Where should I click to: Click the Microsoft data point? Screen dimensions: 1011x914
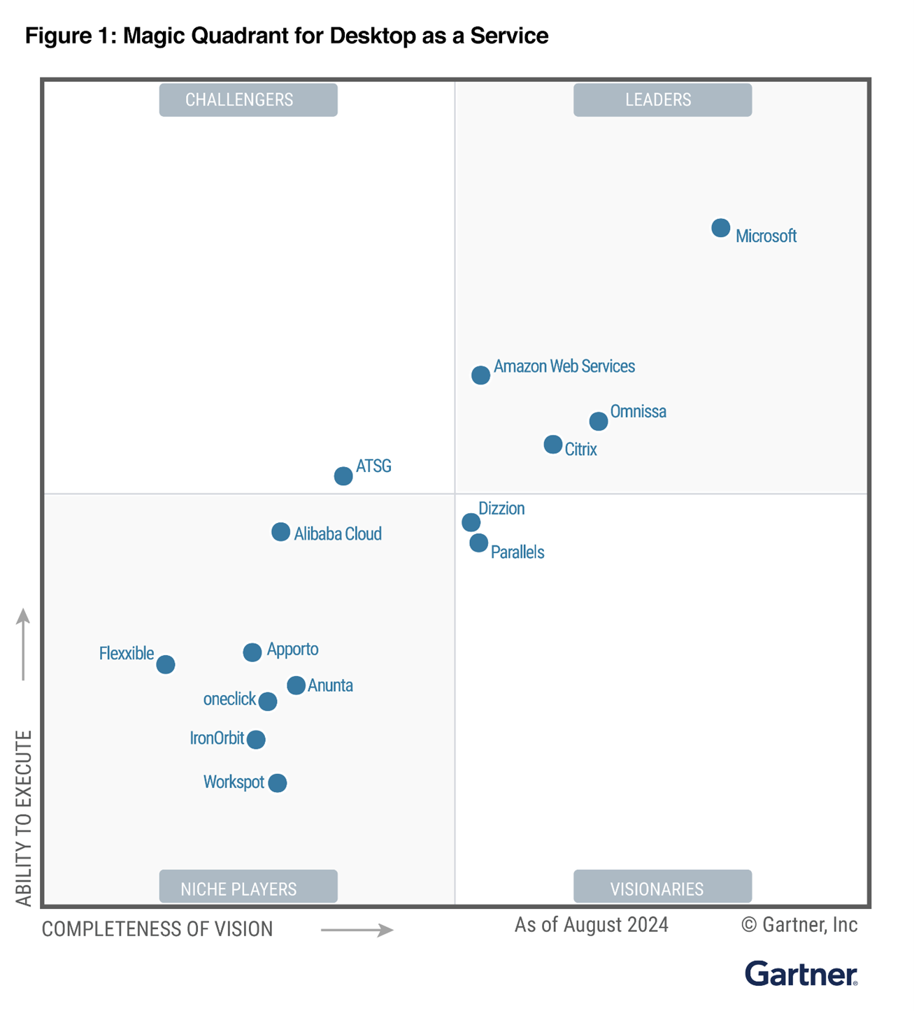pyautogui.click(x=720, y=228)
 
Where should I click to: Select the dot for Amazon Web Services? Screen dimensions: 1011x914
pyautogui.click(x=480, y=375)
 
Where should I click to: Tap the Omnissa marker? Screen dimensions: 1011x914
pyautogui.click(x=598, y=421)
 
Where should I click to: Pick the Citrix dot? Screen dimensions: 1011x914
pyautogui.click(x=552, y=444)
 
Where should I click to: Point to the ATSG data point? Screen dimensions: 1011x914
pyautogui.click(x=343, y=476)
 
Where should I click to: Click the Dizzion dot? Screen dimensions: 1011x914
pyautogui.click(x=471, y=522)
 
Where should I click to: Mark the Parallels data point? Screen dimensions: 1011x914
pyautogui.click(x=478, y=543)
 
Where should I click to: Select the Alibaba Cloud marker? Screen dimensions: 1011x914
pyautogui.click(x=280, y=532)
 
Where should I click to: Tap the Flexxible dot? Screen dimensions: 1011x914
pyautogui.click(x=166, y=664)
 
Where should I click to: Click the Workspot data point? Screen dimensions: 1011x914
pyautogui.click(x=278, y=783)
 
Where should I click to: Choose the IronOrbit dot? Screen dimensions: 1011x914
pyautogui.click(x=257, y=739)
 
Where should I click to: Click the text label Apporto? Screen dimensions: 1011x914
pyautogui.click(x=292, y=650)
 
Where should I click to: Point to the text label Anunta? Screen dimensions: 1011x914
pyautogui.click(x=330, y=686)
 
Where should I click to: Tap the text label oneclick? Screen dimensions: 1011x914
pyautogui.click(x=229, y=699)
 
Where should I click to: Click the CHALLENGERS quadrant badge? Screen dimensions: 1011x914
pyautogui.click(x=248, y=100)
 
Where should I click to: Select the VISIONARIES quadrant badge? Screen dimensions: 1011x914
pyautogui.click(x=662, y=888)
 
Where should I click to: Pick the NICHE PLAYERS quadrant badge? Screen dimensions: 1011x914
pyautogui.click(x=248, y=888)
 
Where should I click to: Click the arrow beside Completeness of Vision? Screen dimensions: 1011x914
pyautogui.click(x=357, y=930)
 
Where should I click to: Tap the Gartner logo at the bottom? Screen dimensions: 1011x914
pyautogui.click(x=801, y=973)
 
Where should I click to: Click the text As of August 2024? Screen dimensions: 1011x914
pyautogui.click(x=592, y=925)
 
